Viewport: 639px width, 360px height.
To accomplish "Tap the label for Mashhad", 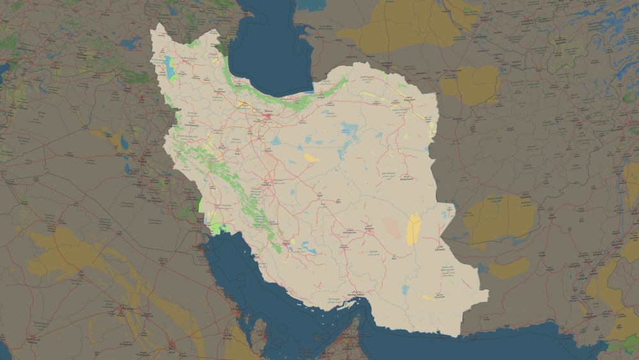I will point(410,100).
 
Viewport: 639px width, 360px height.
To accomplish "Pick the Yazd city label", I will point(319,194).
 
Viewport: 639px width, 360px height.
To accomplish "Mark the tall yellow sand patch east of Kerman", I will point(413,229).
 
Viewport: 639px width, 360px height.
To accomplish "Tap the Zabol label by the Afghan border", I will point(449,208).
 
